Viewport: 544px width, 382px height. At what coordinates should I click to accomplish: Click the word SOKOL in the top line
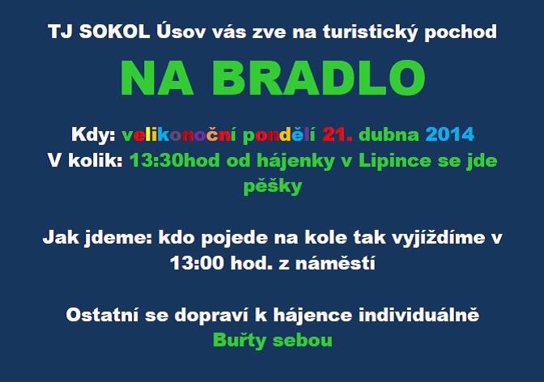114,32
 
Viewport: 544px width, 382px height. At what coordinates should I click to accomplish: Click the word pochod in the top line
461,32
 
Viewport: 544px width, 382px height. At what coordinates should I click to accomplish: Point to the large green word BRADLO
318,78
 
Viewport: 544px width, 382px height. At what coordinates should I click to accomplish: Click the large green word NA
156,78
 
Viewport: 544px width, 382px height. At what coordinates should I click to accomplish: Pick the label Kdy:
93,134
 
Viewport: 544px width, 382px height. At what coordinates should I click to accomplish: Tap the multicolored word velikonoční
179,134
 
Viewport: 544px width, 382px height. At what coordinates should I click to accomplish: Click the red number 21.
337,134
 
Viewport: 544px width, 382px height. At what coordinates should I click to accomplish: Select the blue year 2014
449,134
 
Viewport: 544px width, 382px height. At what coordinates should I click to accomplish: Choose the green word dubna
389,134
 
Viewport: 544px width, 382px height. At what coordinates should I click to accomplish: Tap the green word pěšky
273,186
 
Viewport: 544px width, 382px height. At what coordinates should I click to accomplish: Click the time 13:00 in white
197,263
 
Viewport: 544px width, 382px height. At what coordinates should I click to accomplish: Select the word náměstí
335,263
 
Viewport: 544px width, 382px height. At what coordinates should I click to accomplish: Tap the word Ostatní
102,314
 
